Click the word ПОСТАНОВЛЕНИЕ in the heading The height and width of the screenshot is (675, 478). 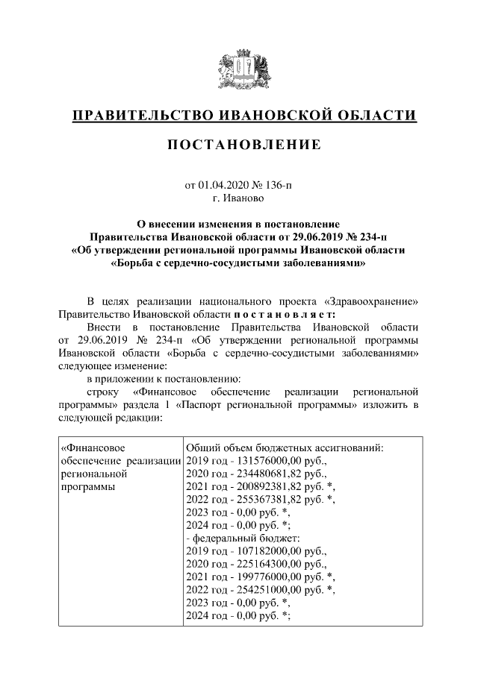pos(243,145)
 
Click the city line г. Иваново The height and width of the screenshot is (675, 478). pos(238,198)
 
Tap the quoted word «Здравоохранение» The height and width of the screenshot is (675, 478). pos(372,301)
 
